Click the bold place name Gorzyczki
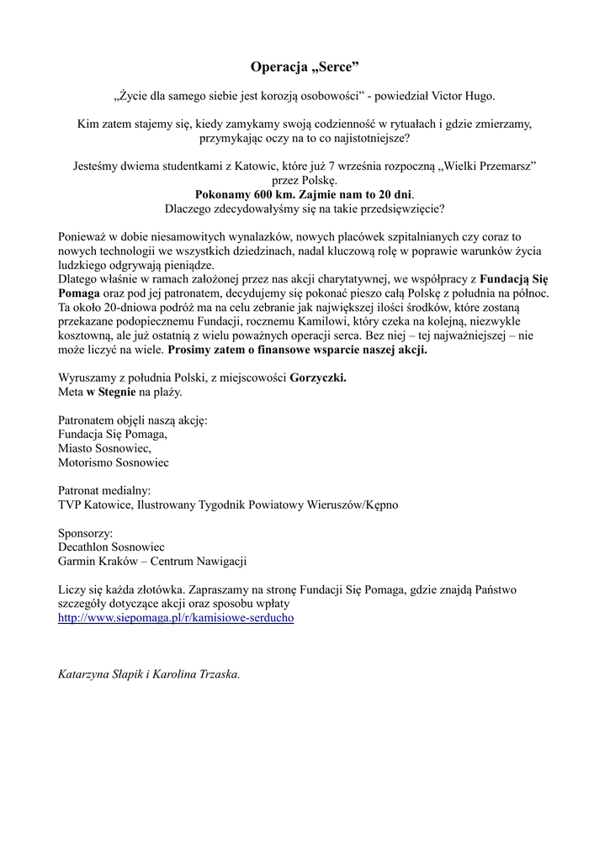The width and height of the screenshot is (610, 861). [x=318, y=378]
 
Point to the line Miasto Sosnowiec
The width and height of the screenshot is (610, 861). [x=104, y=448]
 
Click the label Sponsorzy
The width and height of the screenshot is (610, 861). [x=85, y=532]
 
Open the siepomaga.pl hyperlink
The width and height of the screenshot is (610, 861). [x=176, y=617]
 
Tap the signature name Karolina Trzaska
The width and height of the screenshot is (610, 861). [x=197, y=673]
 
